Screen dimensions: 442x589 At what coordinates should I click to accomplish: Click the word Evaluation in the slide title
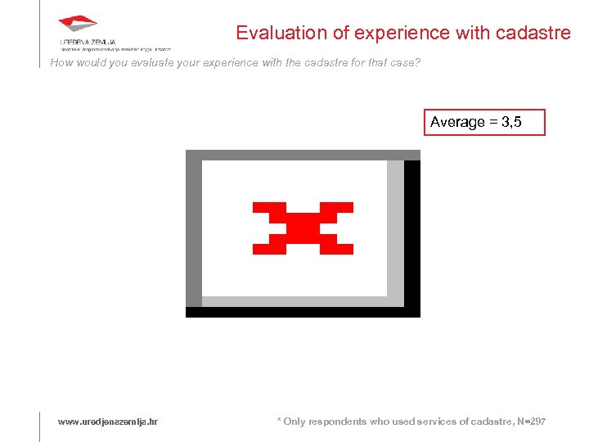(274, 33)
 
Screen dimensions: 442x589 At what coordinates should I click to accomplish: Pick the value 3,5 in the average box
(511, 122)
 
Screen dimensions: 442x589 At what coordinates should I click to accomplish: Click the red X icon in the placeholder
(303, 227)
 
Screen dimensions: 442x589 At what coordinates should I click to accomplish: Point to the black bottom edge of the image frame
(303, 312)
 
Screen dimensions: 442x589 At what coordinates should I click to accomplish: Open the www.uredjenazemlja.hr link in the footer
(108, 422)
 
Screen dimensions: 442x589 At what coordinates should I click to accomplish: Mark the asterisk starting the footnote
(279, 420)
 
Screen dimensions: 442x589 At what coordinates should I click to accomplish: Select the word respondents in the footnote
(335, 422)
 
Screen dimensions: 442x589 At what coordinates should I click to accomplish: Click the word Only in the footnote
(294, 422)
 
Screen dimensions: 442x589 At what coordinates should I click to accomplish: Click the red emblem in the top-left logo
(78, 25)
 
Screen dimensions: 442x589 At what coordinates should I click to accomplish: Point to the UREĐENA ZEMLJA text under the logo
(88, 41)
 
